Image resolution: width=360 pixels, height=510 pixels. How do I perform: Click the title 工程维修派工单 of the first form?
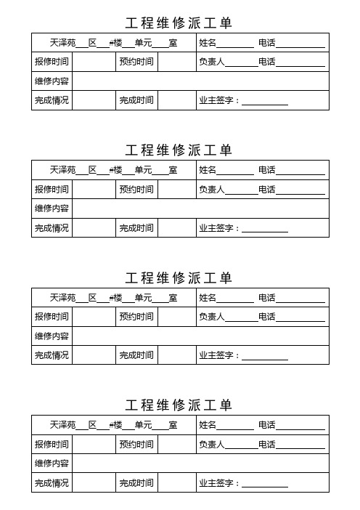(179, 23)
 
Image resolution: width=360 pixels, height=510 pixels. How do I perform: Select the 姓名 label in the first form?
(208, 43)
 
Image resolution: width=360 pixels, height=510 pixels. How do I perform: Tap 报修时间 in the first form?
(52, 62)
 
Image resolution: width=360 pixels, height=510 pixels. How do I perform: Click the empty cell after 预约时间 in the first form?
(176, 62)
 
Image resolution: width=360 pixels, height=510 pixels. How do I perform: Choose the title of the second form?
(179, 150)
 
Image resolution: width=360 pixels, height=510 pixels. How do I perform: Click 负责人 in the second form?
(212, 190)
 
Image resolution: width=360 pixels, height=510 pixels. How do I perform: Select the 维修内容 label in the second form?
(52, 209)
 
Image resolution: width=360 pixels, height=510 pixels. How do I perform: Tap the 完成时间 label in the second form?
(136, 228)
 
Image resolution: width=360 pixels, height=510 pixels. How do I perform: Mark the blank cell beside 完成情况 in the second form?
(93, 228)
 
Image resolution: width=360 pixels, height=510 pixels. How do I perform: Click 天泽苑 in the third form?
(62, 298)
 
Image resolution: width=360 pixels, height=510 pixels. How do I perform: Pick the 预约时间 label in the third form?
(136, 317)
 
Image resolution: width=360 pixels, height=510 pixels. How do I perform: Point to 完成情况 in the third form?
(52, 355)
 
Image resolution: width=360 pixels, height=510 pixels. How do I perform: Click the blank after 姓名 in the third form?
(236, 298)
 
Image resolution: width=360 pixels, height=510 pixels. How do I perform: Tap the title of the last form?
(179, 405)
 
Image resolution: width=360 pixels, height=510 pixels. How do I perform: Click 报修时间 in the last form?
(52, 444)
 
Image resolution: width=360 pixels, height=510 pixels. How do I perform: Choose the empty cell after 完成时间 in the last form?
(176, 482)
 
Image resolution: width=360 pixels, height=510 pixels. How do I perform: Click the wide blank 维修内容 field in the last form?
(200, 464)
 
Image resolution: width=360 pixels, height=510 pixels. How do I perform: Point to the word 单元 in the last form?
(143, 425)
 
